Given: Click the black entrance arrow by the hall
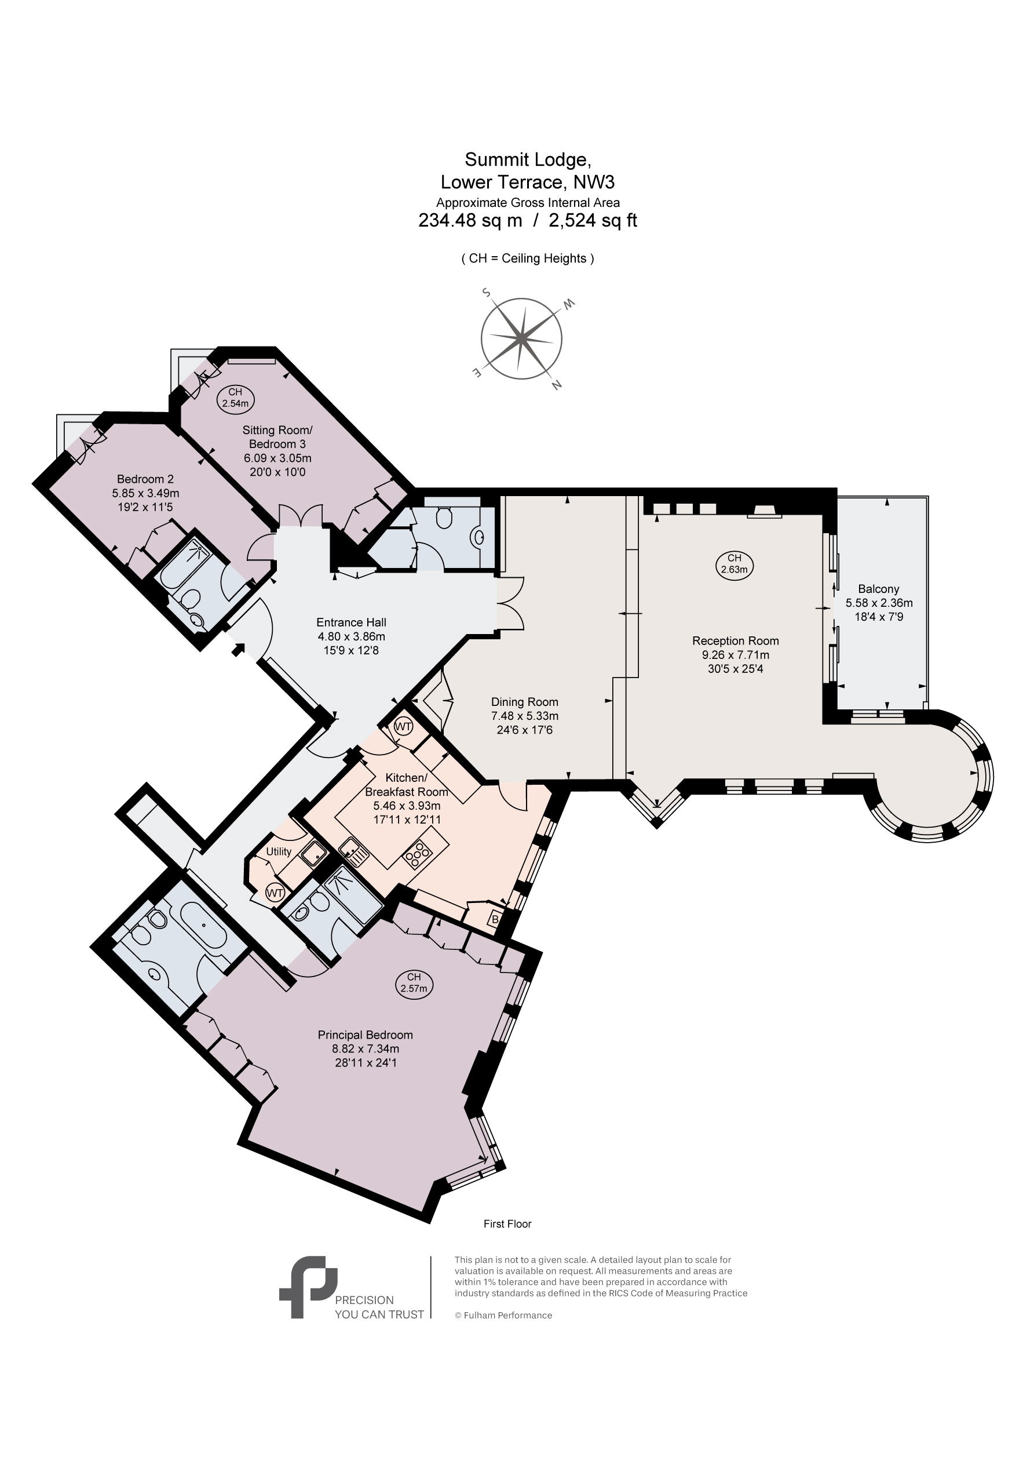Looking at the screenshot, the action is pyautogui.click(x=239, y=649).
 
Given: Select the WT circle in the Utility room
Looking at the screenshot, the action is pyautogui.click(x=275, y=893).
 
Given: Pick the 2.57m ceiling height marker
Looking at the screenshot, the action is pyautogui.click(x=414, y=983).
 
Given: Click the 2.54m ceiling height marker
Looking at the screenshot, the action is pyautogui.click(x=235, y=399).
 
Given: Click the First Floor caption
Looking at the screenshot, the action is pyautogui.click(x=507, y=1223).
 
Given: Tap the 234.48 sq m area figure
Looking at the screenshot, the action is pyautogui.click(x=470, y=221).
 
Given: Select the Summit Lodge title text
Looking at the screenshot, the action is pyautogui.click(x=528, y=159).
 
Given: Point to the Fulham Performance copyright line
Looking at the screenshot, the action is pyautogui.click(x=503, y=1315).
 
